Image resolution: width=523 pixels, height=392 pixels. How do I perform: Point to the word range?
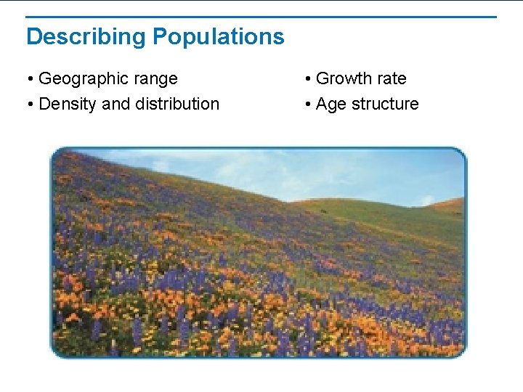pos(153,79)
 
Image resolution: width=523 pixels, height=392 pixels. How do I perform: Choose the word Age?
pos(331,105)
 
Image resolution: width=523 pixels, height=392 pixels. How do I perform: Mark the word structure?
pos(385,104)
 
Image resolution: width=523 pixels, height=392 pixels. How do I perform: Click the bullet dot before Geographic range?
pos(31,79)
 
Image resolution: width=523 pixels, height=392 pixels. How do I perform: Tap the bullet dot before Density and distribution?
pos(31,105)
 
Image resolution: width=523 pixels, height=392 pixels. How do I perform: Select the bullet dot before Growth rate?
pos(308,79)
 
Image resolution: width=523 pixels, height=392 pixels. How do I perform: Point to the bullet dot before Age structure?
pos(308,105)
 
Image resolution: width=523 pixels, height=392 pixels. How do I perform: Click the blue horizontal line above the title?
pos(261,17)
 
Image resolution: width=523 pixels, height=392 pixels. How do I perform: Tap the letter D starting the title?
pos(33,37)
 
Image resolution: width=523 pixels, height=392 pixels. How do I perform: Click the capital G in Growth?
pos(322,78)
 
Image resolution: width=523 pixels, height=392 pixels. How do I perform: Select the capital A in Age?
pos(322,104)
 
